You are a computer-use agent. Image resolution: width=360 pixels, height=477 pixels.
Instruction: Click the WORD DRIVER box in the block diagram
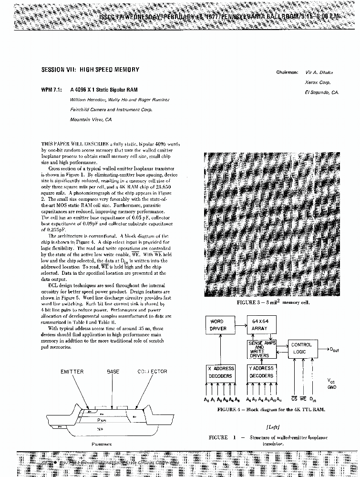(x=220, y=325)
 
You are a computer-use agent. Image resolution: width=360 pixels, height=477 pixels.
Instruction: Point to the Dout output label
(x=334, y=350)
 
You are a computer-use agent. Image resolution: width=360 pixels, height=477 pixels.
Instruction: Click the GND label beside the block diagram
(x=332, y=387)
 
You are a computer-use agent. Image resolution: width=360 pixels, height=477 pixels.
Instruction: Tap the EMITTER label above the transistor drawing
(x=72, y=372)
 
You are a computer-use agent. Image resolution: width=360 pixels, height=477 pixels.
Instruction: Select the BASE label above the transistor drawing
(x=113, y=372)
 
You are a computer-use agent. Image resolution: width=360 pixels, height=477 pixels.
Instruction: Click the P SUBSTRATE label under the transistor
(x=102, y=444)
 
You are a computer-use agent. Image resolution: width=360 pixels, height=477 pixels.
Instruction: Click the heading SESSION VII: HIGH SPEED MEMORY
(x=91, y=70)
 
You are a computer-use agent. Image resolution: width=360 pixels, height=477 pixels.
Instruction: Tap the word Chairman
(x=287, y=73)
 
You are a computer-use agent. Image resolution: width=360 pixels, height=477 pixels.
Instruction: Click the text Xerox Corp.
(x=315, y=83)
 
